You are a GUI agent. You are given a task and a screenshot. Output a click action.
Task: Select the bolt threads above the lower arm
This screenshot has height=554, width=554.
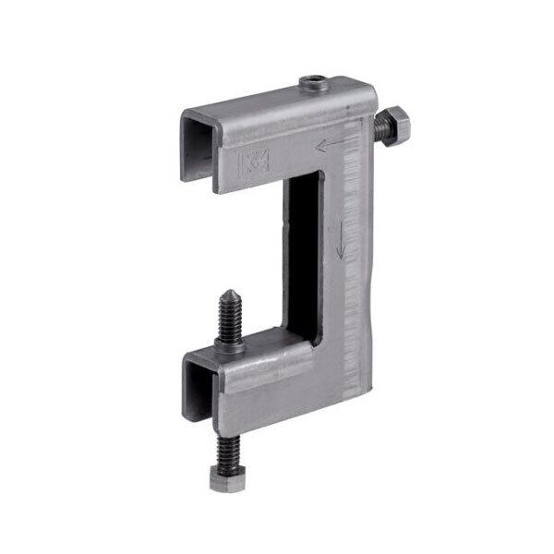pos(227,323)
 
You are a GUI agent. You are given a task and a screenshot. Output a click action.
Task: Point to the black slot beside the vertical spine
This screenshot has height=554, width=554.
pos(302,249)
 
